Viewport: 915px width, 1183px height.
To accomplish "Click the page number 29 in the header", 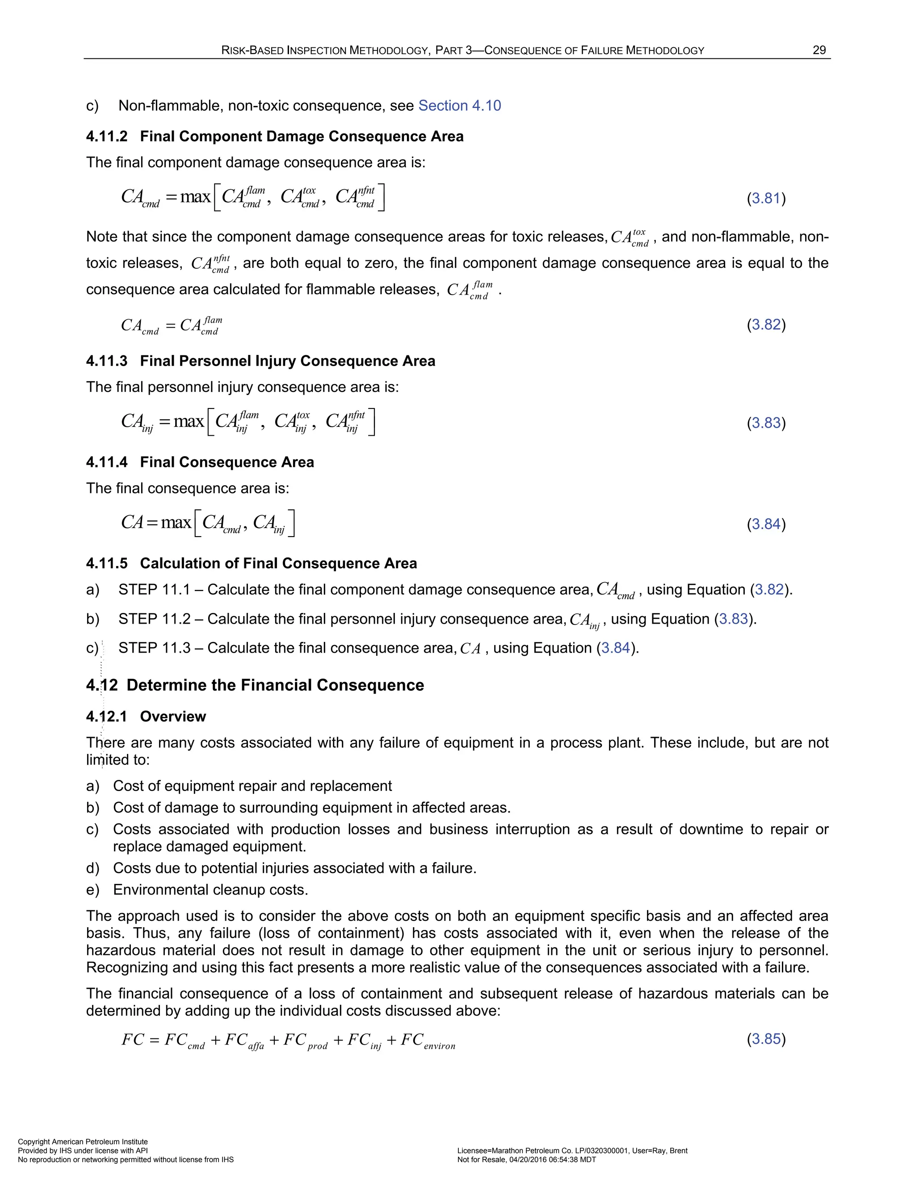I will coord(819,50).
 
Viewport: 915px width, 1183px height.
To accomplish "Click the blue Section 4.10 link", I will coord(459,106).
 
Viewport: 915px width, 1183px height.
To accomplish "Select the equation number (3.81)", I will coord(766,198).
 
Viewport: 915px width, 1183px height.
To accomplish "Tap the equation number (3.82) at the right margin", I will coord(766,325).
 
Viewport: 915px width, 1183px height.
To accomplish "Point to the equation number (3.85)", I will coord(766,1039).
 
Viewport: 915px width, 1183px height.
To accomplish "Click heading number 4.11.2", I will coord(107,137).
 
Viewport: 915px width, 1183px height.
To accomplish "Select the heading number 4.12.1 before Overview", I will coord(107,716).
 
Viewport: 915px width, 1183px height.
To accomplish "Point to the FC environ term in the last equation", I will coord(428,1041).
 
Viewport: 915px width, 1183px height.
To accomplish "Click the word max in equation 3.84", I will coord(176,523).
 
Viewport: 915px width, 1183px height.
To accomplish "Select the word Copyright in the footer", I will coord(34,1142).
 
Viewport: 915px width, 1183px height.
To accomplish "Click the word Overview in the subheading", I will coord(173,716).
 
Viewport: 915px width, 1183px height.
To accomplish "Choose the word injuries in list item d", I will coord(285,868).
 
